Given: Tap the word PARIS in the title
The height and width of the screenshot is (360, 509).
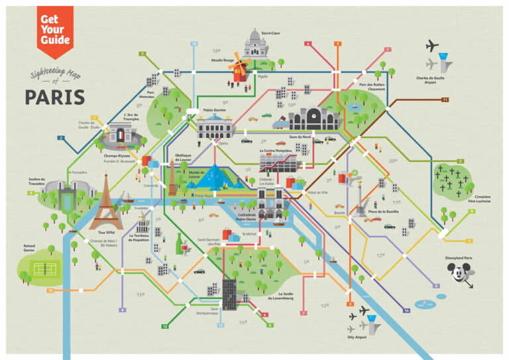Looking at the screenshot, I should click(55, 97).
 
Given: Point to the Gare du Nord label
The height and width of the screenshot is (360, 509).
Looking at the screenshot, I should click(300, 137).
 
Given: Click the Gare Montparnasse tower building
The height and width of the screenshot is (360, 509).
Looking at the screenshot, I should click(229, 294).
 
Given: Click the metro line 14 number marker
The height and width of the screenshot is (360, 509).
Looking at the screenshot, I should click(406, 310).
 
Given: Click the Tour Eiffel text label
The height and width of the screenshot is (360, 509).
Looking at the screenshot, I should click(106, 233).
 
